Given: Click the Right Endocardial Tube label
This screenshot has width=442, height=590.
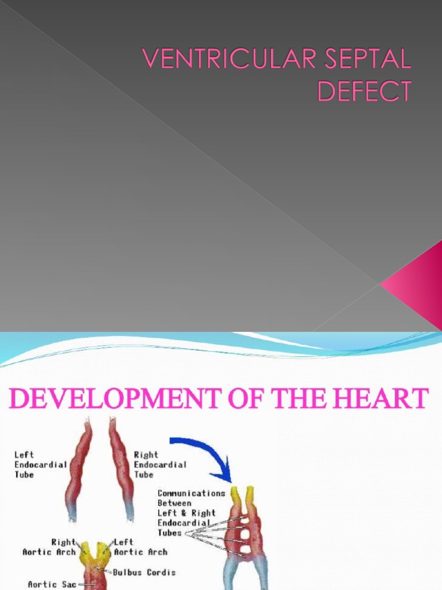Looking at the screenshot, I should [160, 464].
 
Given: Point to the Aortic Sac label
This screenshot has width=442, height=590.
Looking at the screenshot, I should [52, 584].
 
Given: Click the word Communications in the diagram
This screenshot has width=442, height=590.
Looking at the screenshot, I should [191, 493].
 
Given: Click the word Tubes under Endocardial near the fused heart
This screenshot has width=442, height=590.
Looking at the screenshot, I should [169, 533].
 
